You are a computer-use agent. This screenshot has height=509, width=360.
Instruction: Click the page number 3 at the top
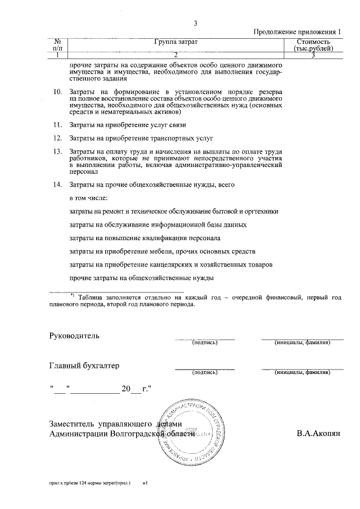[x=195, y=24]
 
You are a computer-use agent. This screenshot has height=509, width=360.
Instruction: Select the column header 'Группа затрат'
[x=175, y=43]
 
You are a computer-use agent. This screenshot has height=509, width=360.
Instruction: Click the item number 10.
[x=56, y=92]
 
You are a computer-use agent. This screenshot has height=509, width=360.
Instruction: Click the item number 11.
[x=56, y=124]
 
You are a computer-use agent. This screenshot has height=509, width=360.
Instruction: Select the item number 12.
[x=56, y=138]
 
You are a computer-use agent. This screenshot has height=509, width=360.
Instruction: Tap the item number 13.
[x=56, y=152]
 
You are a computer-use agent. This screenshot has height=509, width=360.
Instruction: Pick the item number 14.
[x=56, y=184]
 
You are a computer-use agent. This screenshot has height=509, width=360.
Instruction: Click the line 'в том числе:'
[x=88, y=198]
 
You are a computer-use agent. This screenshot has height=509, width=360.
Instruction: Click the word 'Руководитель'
[x=74, y=336]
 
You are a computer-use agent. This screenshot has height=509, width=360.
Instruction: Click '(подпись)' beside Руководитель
[x=205, y=342]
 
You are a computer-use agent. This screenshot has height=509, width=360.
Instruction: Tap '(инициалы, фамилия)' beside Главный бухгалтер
[x=302, y=372]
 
